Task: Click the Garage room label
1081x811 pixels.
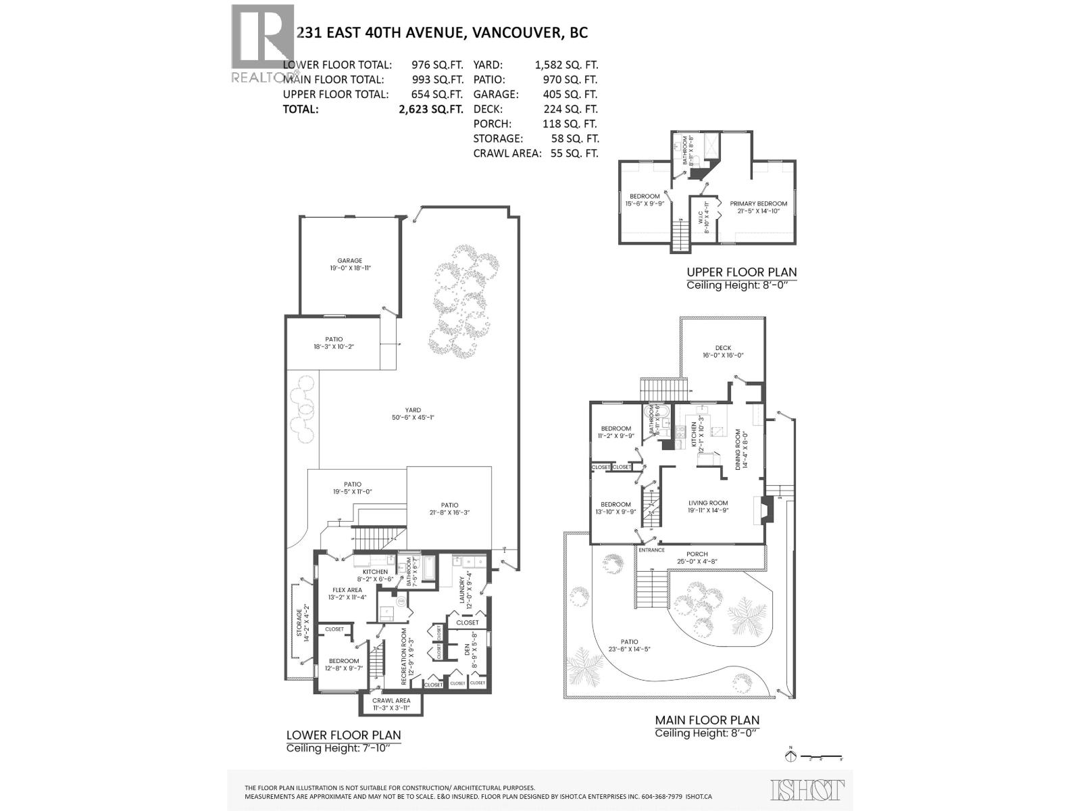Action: coord(350,260)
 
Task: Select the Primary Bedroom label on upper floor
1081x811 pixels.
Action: coord(758,203)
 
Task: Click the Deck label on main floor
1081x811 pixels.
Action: coord(723,348)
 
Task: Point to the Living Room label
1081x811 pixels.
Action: coord(708,503)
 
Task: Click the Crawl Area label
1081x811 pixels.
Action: coord(391,700)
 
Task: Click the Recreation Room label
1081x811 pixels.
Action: coord(404,656)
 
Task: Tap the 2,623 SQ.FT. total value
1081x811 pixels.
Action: coord(430,109)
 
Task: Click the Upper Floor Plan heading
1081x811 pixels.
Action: coord(741,272)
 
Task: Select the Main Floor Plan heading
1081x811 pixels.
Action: coord(707,720)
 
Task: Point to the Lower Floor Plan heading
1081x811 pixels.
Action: coord(343,735)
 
